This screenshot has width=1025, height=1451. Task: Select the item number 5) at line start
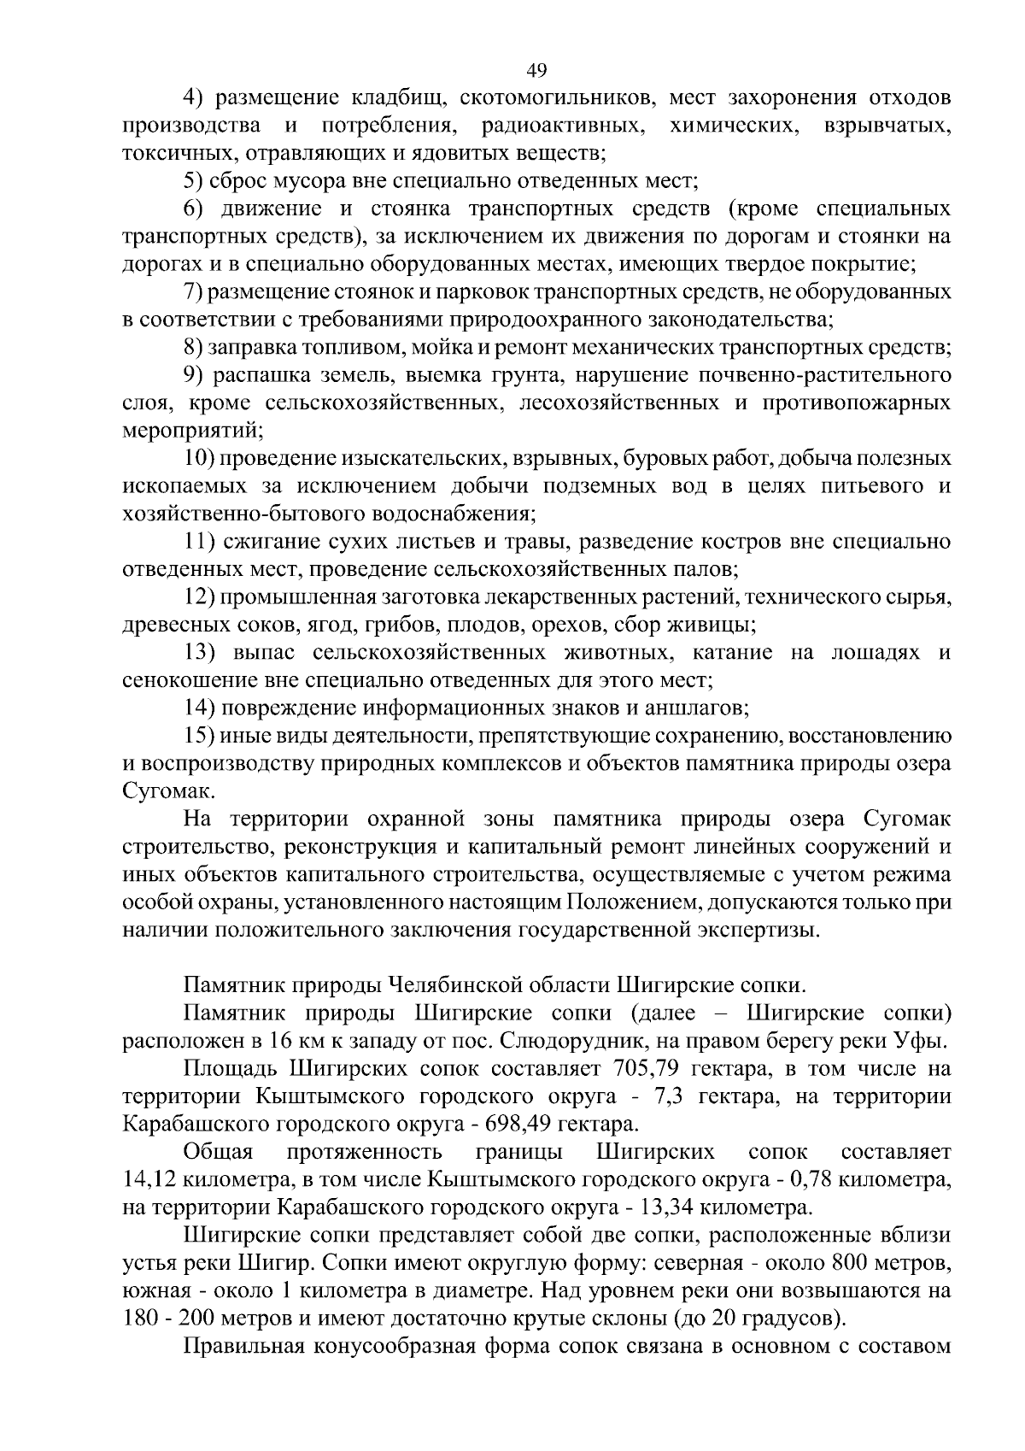(x=197, y=181)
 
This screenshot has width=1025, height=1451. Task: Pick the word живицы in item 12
(x=719, y=626)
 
